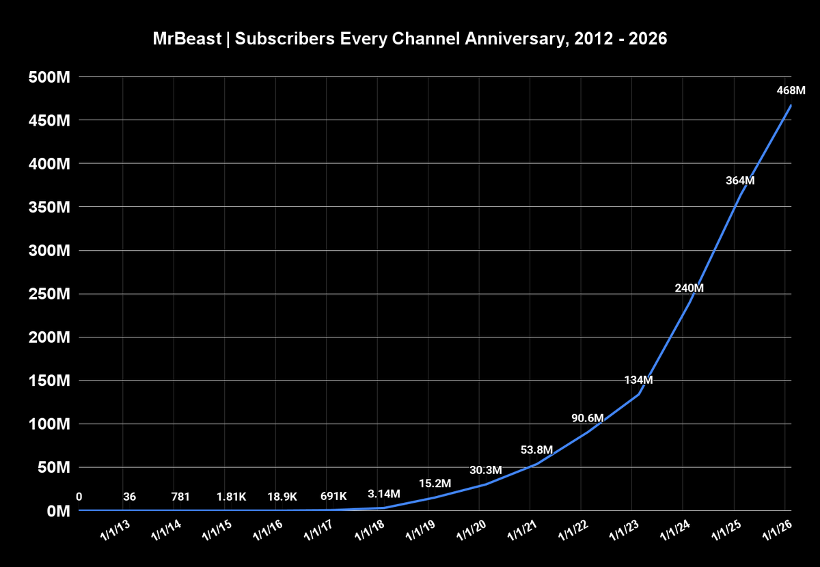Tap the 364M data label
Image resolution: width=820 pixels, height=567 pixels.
739,181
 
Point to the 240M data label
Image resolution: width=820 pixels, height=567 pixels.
689,288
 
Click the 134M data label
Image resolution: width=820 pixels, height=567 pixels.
638,380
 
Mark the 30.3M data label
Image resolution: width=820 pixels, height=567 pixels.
486,470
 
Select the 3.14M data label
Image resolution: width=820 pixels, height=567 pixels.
384,494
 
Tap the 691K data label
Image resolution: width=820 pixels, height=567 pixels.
334,497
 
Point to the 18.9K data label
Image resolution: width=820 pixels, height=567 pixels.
283,497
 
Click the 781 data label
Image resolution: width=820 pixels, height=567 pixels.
180,497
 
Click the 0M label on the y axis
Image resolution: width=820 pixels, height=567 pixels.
55,512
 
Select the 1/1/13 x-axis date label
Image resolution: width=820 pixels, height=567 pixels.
116,530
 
